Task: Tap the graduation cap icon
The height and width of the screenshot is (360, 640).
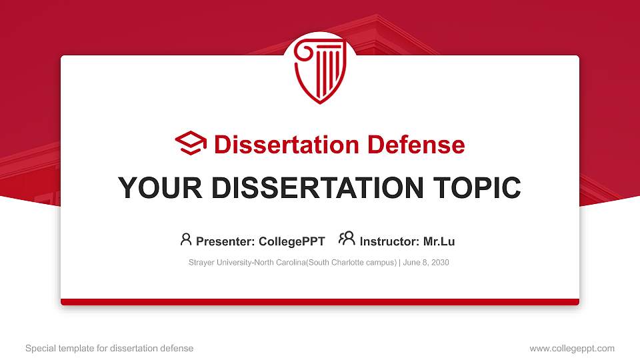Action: [191, 143]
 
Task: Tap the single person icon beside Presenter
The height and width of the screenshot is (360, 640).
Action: [186, 239]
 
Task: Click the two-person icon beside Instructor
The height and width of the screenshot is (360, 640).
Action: [347, 239]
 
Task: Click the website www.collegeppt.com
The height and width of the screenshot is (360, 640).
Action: [572, 348]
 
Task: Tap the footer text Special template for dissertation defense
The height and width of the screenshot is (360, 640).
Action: [109, 348]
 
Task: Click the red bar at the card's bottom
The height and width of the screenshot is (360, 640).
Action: [320, 302]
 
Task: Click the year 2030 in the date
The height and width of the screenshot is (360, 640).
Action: [440, 263]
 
